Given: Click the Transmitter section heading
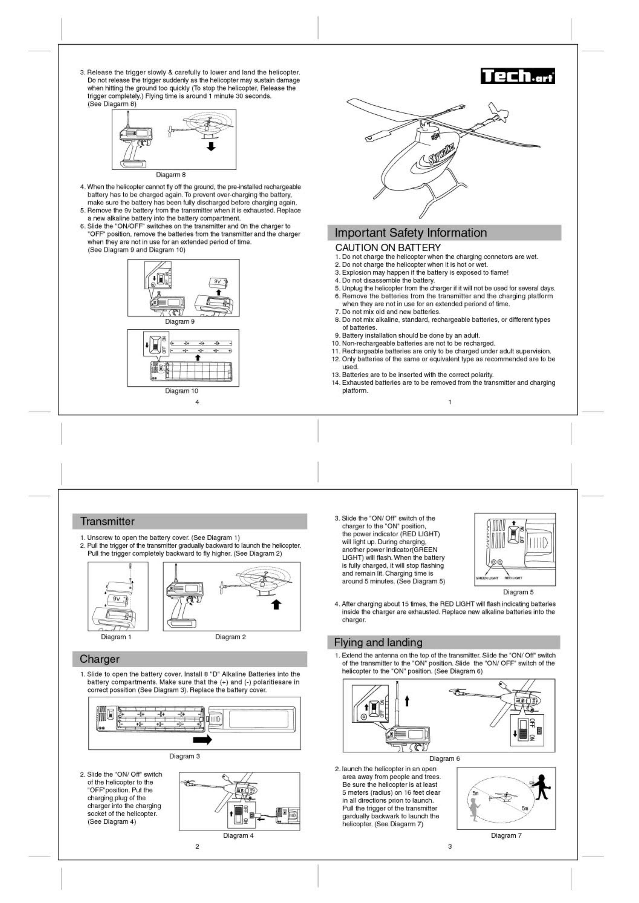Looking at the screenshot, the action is pyautogui.click(x=107, y=521).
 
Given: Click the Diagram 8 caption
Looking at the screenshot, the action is pyautogui.click(x=170, y=175).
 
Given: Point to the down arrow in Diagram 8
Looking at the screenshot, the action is pyautogui.click(x=211, y=147).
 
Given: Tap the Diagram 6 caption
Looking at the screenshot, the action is pyautogui.click(x=444, y=758).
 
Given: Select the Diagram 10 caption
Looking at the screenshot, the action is pyautogui.click(x=181, y=391).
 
